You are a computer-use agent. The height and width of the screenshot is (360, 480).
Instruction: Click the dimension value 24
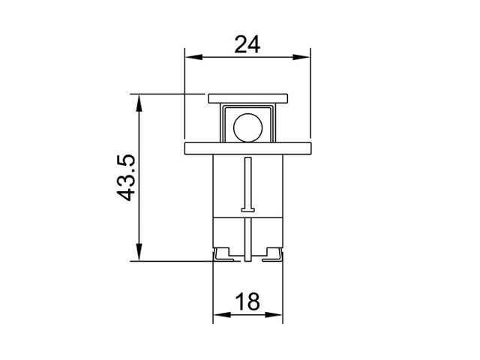pos(247,44)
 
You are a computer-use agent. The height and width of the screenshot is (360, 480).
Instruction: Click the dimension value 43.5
pos(126,177)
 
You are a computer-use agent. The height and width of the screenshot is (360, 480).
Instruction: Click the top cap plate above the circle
pos(247,97)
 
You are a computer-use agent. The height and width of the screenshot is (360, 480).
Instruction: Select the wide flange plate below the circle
pos(247,147)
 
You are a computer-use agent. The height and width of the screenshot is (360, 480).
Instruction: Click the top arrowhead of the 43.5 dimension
pos(138,100)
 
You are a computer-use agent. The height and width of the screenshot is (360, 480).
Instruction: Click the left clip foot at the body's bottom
pos(223,256)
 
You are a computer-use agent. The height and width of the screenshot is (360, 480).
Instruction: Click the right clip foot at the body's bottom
pos(271,256)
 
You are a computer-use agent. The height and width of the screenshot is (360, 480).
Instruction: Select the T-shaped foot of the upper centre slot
pos(247,209)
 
